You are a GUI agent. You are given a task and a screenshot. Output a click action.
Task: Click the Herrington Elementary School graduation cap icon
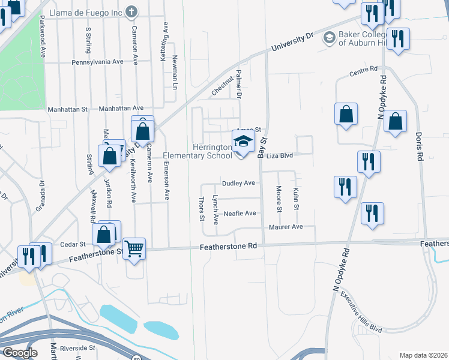243,142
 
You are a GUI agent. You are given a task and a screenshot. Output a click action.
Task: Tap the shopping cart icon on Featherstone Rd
134,248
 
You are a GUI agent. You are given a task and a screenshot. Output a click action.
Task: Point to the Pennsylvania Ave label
97,62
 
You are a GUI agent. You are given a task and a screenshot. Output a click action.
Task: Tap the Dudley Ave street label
239,183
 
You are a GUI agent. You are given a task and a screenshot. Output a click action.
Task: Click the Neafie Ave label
240,213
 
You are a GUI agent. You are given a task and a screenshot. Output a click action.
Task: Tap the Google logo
20,353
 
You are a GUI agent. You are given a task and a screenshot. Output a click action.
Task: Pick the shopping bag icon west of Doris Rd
396,121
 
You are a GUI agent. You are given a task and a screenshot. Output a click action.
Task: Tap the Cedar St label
74,245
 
